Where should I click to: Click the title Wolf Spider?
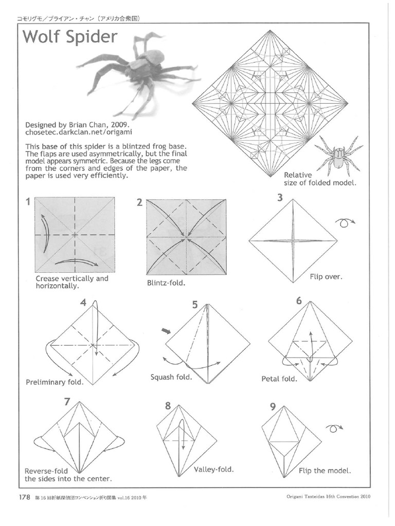[x=70, y=38]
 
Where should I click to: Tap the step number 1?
[x=27, y=202]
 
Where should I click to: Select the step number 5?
[x=195, y=305]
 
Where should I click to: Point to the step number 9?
[x=272, y=407]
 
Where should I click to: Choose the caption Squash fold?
[x=171, y=377]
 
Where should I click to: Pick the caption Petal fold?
[x=279, y=379]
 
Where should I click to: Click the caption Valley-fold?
[x=214, y=469]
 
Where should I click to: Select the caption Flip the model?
[x=325, y=471]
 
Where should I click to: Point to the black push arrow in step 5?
[x=166, y=331]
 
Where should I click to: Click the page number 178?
[x=25, y=497]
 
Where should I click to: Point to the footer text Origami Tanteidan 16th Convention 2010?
[x=329, y=497]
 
